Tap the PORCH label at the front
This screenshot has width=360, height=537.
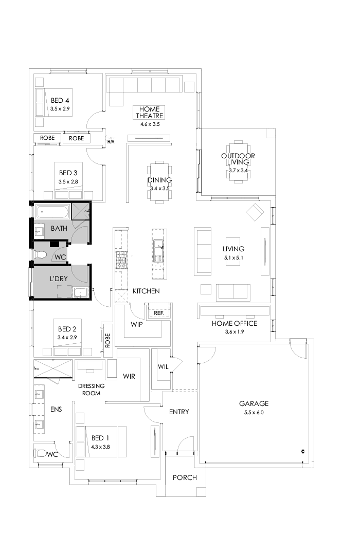185,477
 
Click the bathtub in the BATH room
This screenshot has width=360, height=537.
52,211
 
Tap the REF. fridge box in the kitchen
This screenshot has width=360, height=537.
158,312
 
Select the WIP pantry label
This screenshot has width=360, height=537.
136,324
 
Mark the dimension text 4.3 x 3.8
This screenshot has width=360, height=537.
101,447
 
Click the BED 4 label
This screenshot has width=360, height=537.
60,100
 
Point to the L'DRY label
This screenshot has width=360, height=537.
59,278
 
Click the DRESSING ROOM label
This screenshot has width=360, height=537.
91,390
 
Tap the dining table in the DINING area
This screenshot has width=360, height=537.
159,182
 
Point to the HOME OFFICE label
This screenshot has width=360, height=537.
235,323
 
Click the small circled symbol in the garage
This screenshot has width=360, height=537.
303,451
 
